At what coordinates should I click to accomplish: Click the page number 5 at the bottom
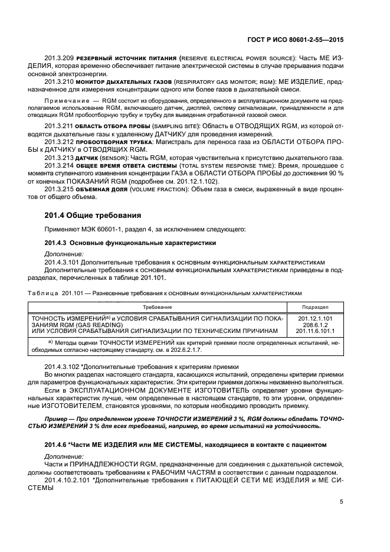point(342,502)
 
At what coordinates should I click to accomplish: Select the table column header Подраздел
point(316,308)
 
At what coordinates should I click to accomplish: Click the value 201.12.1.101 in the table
point(316,318)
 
